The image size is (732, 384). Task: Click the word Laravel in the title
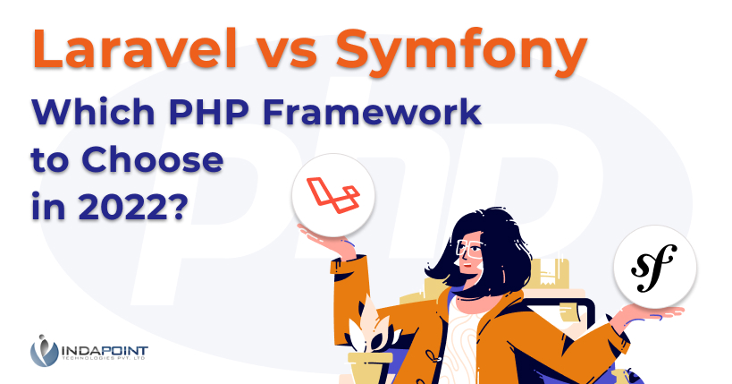[x=135, y=48]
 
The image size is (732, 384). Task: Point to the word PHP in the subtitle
[x=208, y=112]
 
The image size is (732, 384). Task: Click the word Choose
[x=153, y=159]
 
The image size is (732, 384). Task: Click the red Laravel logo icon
[x=333, y=192]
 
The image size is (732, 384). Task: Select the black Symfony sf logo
[x=654, y=267]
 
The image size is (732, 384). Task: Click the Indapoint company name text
[x=105, y=351]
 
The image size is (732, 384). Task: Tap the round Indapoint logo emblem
[x=44, y=350]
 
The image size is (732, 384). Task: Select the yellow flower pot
[x=369, y=368]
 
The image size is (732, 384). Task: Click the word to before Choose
[x=52, y=160]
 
